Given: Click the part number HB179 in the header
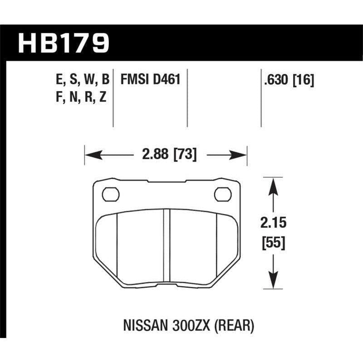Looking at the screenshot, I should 64,44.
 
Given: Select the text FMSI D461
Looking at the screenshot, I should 150,80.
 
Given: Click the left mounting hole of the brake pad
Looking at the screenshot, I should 110,194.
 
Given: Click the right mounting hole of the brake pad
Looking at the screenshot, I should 222,194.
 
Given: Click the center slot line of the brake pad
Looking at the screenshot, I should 166,247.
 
